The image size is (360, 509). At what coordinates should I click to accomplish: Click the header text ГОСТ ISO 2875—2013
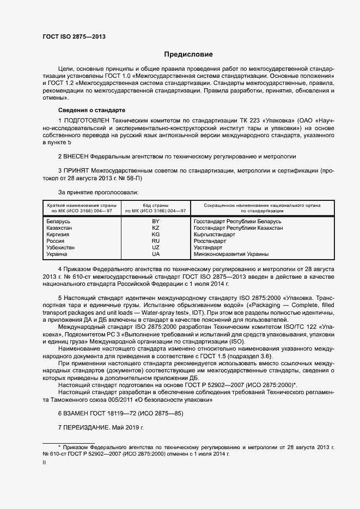point(74,37)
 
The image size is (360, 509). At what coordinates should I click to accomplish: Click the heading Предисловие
point(188,54)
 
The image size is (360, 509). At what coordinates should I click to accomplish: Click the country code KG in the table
point(156,235)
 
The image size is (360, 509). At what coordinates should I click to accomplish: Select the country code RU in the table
point(156,241)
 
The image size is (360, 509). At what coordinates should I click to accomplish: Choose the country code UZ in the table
point(156,248)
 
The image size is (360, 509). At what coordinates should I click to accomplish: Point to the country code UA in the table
point(156,254)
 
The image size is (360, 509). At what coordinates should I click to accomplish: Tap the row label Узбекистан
point(62,248)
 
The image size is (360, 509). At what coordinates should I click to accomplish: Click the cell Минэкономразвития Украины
point(231,254)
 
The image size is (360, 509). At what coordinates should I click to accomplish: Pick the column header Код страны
point(156,205)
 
